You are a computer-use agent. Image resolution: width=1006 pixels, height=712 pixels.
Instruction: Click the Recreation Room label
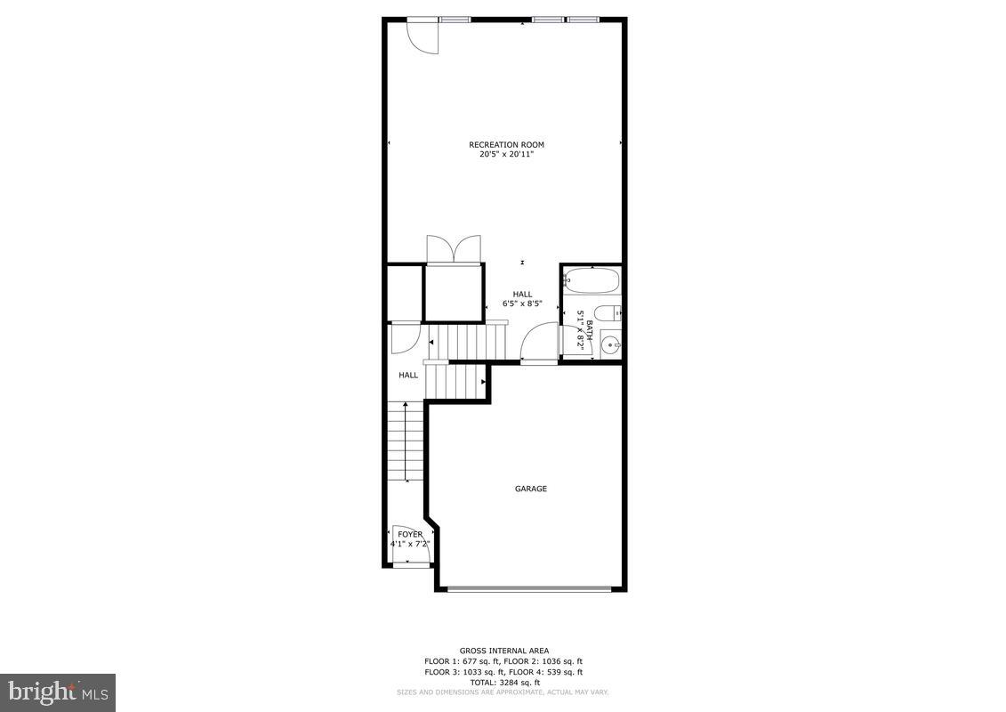(x=506, y=144)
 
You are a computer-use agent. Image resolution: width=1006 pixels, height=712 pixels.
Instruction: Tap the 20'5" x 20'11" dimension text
(x=506, y=155)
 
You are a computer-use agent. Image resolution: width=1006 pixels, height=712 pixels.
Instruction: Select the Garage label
(x=531, y=489)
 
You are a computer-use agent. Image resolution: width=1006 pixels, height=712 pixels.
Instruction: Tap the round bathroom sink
(x=609, y=344)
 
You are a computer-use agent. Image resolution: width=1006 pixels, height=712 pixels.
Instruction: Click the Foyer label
(x=410, y=534)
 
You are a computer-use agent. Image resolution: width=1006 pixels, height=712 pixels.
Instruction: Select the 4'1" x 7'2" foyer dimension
(x=410, y=544)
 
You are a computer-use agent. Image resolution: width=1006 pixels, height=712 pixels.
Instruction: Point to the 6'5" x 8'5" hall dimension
(x=522, y=303)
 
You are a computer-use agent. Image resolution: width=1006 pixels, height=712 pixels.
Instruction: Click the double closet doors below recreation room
(x=454, y=249)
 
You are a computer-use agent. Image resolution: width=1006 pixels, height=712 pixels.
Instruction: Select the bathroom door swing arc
(x=537, y=342)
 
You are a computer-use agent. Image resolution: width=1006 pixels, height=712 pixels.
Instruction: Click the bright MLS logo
(x=58, y=691)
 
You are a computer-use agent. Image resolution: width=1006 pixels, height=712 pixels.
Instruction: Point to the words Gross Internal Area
(x=503, y=651)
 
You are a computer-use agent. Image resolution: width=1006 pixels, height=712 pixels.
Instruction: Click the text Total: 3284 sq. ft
(x=503, y=683)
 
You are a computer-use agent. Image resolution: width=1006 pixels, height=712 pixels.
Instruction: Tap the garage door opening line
(x=529, y=588)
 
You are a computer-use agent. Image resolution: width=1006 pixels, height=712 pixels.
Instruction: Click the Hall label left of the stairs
(x=408, y=376)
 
